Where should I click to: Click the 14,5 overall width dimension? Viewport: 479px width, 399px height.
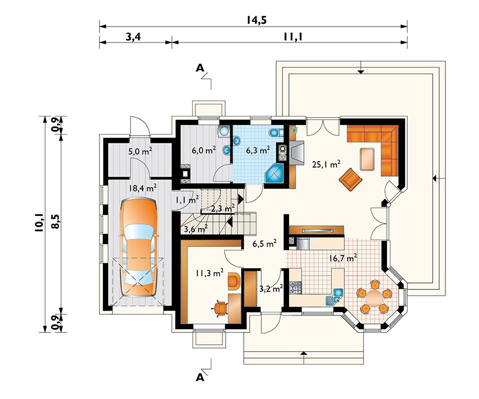pyautogui.click(x=256, y=20)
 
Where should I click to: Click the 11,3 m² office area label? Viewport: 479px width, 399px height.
pyautogui.click(x=209, y=275)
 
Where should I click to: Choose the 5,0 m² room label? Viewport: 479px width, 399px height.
pyautogui.click(x=140, y=151)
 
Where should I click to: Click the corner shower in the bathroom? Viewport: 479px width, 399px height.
pyautogui.click(x=276, y=174)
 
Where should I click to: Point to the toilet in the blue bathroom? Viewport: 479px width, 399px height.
pyautogui.click(x=275, y=133)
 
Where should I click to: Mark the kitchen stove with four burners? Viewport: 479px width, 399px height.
pyautogui.click(x=296, y=289)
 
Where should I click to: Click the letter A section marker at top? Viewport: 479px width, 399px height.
pyautogui.click(x=200, y=68)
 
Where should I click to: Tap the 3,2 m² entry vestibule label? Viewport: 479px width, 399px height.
pyautogui.click(x=270, y=290)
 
